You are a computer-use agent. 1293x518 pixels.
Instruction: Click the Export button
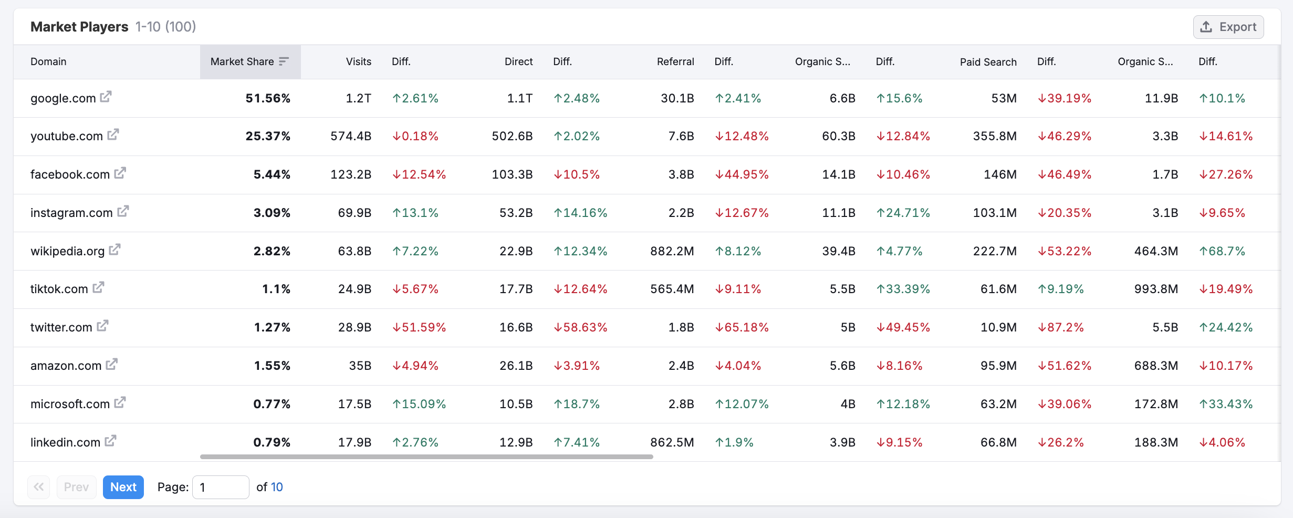tap(1228, 27)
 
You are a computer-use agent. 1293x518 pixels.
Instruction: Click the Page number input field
tap(221, 487)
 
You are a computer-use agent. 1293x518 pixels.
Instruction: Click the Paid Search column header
tap(988, 61)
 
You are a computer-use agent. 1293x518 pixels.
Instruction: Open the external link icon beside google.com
tap(106, 97)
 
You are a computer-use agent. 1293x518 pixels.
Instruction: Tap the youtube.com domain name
tap(67, 136)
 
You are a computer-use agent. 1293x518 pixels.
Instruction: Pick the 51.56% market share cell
tap(268, 98)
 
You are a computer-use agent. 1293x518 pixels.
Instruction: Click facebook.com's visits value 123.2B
tap(351, 174)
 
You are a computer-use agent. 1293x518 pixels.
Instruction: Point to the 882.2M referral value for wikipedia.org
tap(672, 251)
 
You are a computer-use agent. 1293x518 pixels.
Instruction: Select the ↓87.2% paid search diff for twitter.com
tap(1061, 327)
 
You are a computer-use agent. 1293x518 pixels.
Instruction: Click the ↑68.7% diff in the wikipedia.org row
tap(1222, 251)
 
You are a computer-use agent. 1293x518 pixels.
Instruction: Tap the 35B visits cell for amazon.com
tap(360, 366)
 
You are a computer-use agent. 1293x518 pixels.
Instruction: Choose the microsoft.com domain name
tap(70, 404)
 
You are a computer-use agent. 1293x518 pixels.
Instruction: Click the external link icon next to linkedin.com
tap(110, 441)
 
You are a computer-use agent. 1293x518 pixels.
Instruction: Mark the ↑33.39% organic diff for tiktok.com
tap(903, 289)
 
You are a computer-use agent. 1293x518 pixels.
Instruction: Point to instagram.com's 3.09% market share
tap(272, 213)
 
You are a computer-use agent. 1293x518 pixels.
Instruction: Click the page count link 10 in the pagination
tap(277, 487)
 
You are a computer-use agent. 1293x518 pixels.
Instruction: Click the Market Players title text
tap(79, 27)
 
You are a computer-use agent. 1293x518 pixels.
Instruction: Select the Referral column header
tap(675, 61)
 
